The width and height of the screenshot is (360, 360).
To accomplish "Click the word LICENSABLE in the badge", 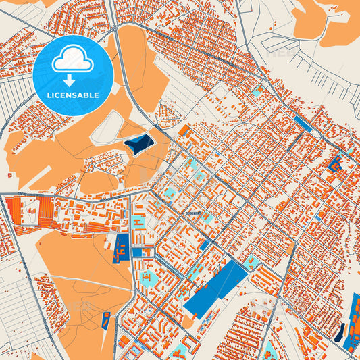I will [73, 95].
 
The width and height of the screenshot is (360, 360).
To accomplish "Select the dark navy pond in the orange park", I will [138, 143].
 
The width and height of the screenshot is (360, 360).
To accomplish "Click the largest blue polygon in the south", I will [215, 288].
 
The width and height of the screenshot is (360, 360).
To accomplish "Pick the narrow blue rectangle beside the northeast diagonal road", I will [302, 123].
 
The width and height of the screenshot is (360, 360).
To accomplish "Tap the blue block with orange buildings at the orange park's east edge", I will [122, 249].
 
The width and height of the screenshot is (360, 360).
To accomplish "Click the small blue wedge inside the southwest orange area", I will [105, 320].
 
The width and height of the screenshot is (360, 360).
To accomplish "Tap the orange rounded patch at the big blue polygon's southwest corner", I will [188, 320].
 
